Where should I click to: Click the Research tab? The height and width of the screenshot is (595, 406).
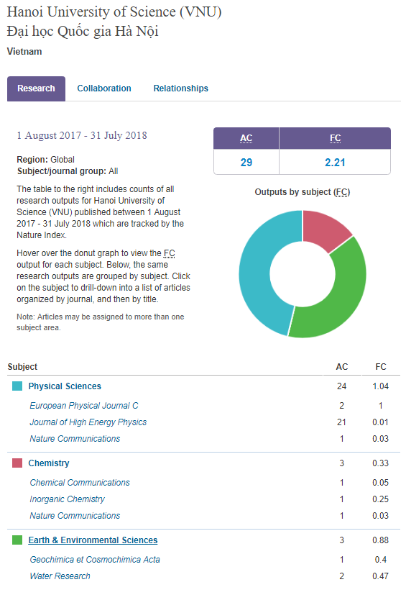tap(36, 88)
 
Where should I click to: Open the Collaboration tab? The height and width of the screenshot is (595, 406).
tap(104, 88)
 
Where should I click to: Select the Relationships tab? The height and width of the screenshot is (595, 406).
tap(181, 88)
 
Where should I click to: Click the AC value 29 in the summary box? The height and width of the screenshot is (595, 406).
tap(246, 163)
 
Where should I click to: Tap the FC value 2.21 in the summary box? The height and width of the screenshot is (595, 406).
tap(335, 163)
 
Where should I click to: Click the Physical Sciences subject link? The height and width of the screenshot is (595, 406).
tap(65, 386)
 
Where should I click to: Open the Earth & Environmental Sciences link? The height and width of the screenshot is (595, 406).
tap(93, 540)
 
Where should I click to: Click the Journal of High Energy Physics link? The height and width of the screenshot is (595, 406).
tap(88, 422)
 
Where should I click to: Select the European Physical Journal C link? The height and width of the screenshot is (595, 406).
tap(84, 406)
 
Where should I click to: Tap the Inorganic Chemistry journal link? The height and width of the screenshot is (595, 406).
tap(67, 499)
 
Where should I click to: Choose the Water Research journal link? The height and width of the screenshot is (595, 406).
tap(60, 576)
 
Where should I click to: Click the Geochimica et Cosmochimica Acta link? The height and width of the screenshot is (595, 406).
tap(95, 560)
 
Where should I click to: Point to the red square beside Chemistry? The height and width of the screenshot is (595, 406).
tap(17, 463)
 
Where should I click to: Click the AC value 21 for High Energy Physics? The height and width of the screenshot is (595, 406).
tap(341, 422)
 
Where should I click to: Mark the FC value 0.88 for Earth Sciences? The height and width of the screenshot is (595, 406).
tap(380, 540)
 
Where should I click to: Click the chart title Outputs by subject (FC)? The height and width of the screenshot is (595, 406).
tap(303, 192)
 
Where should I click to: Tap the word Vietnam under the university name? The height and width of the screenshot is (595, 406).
tap(24, 52)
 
